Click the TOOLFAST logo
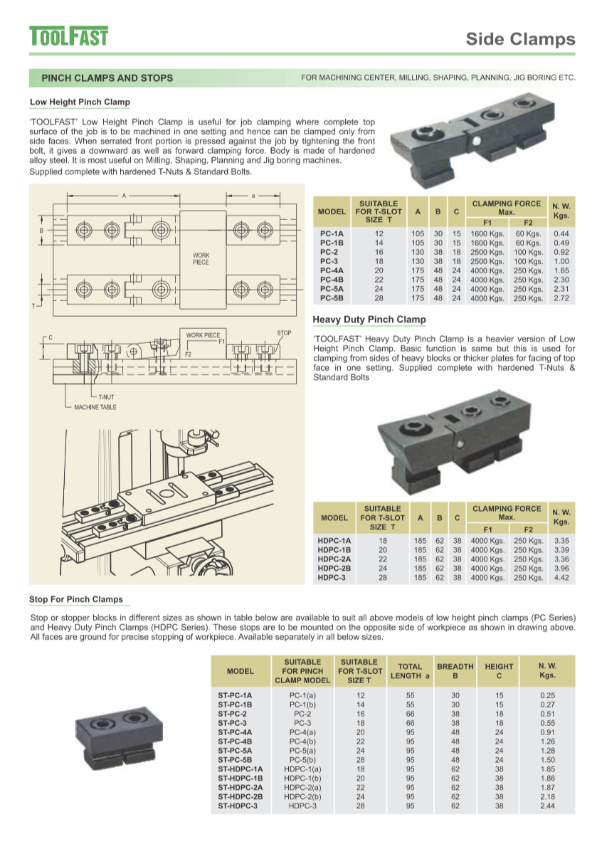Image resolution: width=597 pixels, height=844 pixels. coord(68,36)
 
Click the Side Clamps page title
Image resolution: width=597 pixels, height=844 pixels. coord(520,38)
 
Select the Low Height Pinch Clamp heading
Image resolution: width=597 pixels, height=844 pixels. coord(80,102)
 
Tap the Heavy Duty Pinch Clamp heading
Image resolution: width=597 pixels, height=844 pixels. coord(369,320)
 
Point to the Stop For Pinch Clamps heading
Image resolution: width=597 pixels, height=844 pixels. coord(75,599)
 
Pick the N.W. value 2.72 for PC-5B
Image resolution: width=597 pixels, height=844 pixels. coord(561,298)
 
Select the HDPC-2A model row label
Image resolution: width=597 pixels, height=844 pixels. coord(334,559)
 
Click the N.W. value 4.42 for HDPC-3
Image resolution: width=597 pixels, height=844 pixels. coord(561,578)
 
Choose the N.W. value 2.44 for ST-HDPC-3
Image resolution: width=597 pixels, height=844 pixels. coord(547,806)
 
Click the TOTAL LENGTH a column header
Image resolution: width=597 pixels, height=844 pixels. coord(411,671)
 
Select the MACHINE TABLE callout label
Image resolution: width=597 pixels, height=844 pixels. coord(95,407)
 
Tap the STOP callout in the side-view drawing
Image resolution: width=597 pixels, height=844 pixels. coord(284,333)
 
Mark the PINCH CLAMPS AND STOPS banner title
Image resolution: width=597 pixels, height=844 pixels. coord(107,78)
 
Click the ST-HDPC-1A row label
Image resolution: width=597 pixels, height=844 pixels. coord(240,769)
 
